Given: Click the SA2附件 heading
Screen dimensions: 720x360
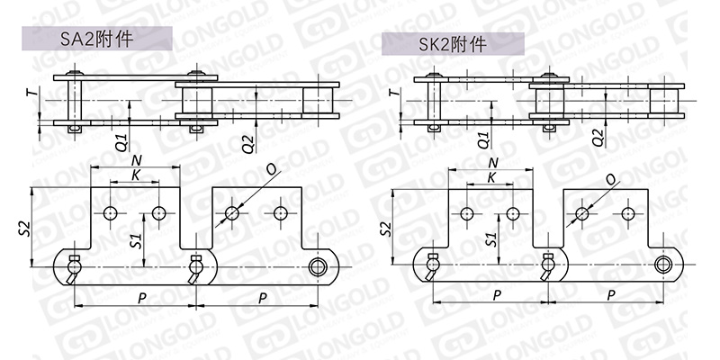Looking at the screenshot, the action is (97, 40).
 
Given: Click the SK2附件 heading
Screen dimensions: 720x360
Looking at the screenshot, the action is (453, 45).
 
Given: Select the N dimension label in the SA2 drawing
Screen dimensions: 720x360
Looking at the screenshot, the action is (137, 160).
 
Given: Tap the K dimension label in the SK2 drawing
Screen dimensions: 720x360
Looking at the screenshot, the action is (491, 177).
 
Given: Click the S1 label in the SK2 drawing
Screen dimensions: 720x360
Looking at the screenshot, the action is (491, 239).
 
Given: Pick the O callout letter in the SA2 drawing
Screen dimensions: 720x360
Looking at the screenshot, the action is (272, 170).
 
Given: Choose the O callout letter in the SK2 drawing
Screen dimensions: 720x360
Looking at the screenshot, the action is (610, 180).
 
